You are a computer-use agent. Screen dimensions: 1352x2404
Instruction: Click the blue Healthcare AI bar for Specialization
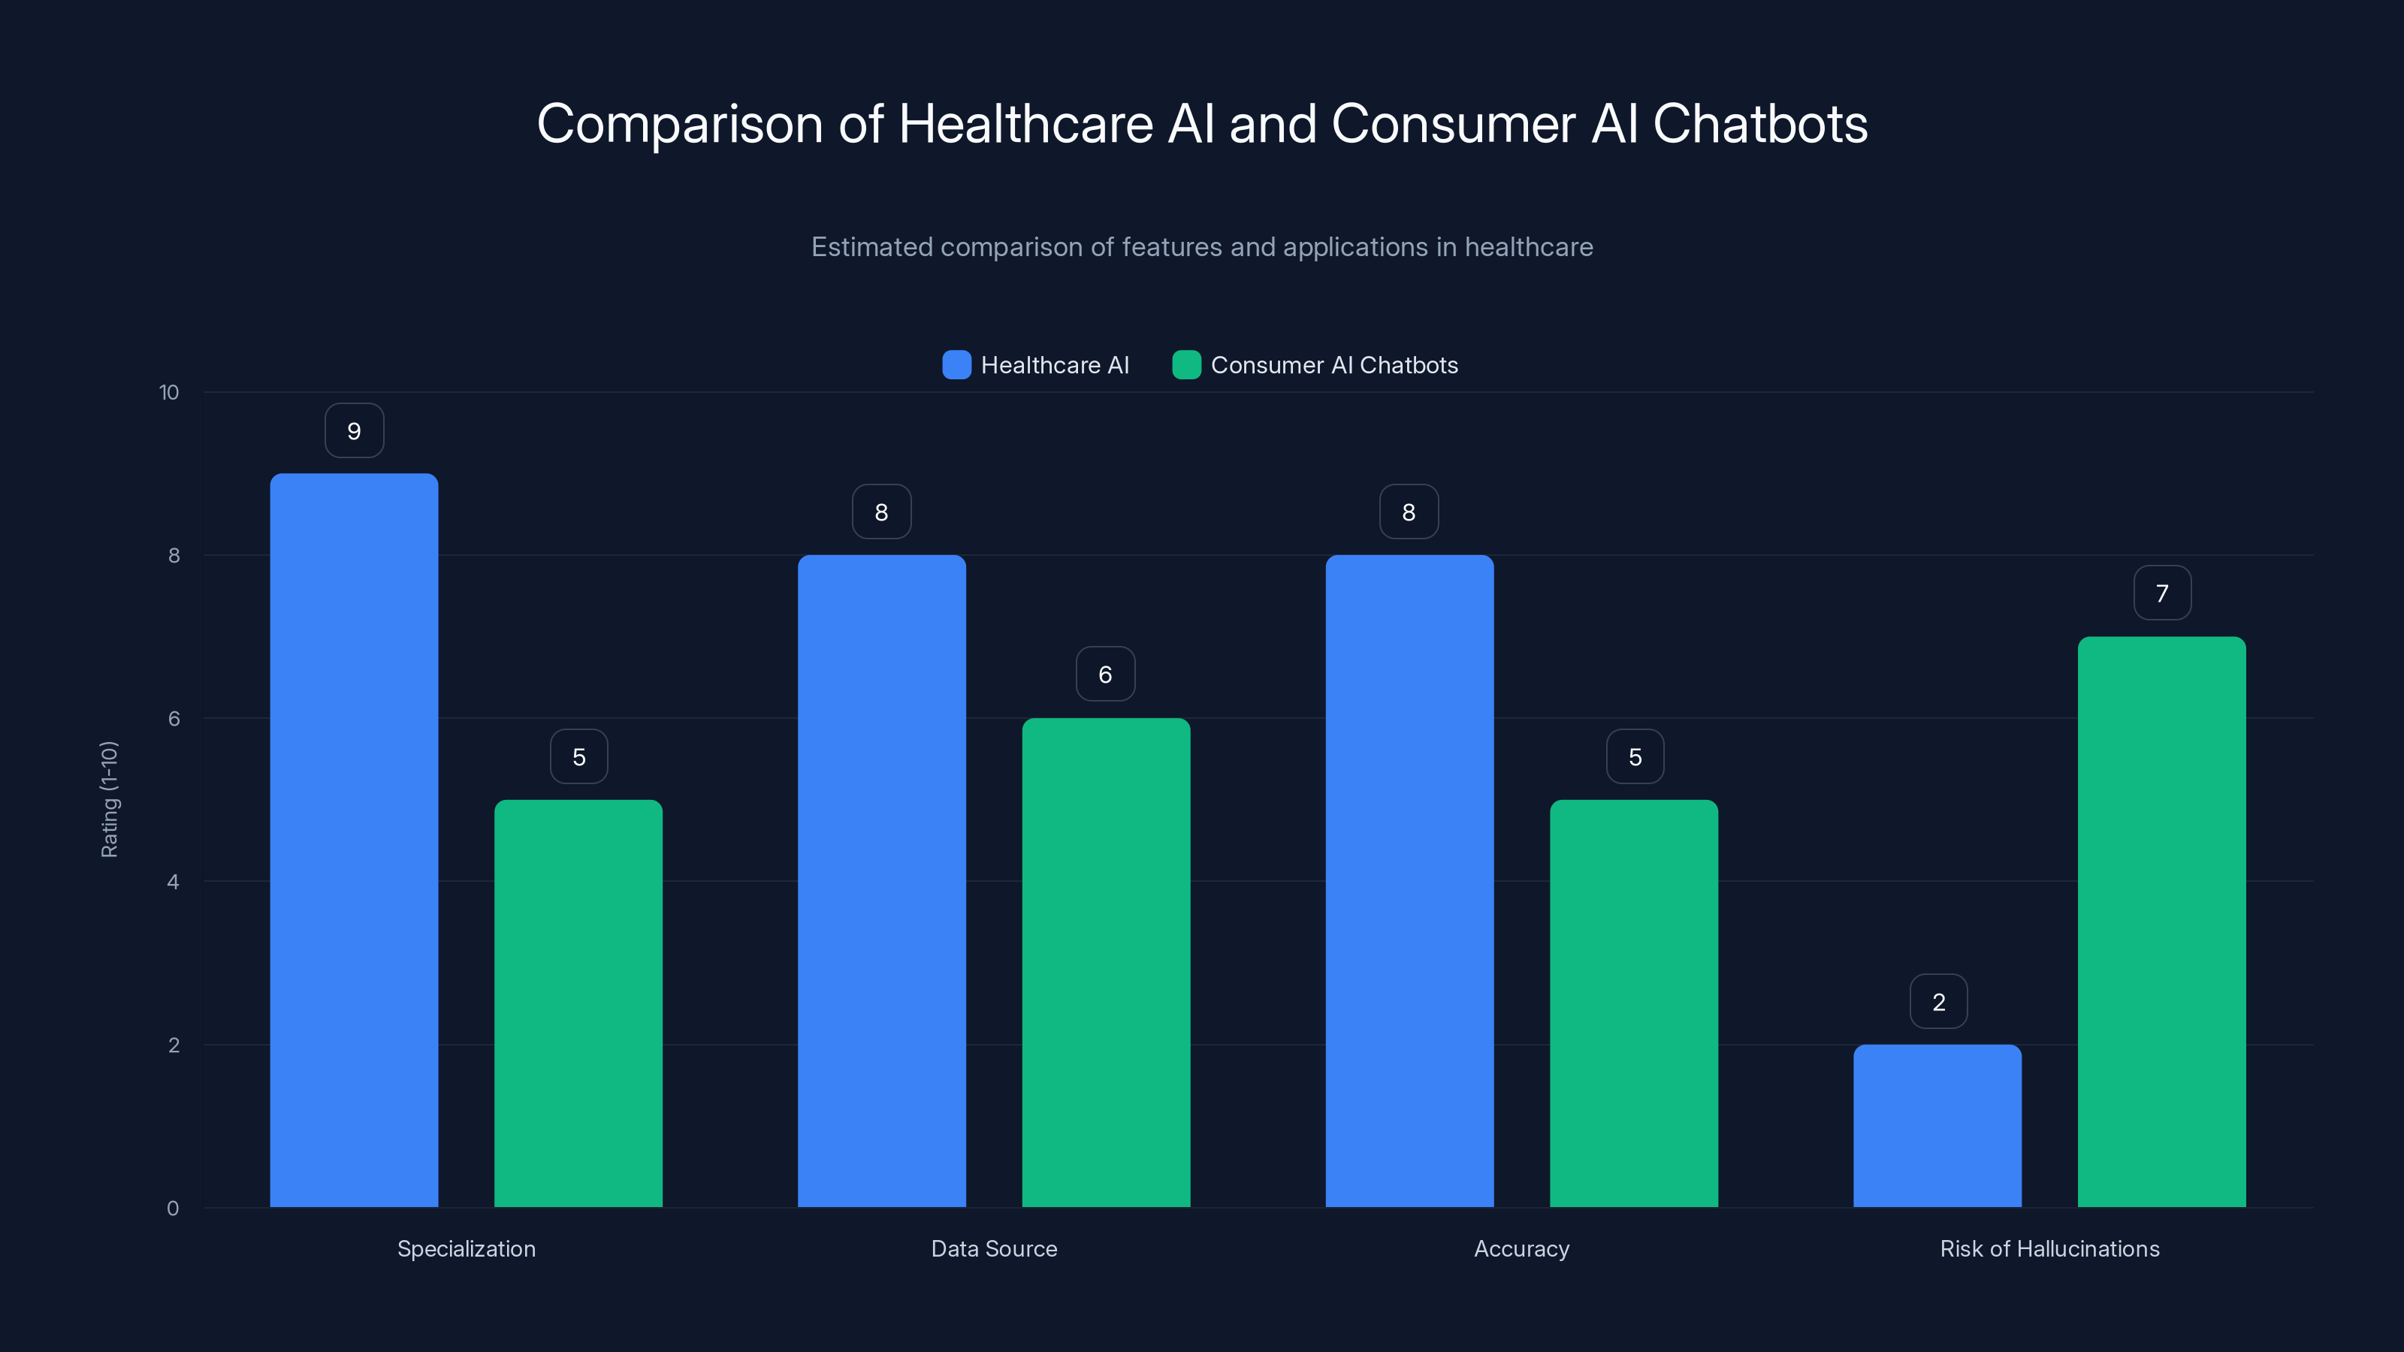[x=354, y=840]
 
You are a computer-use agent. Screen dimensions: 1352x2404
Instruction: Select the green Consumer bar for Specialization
[x=578, y=1003]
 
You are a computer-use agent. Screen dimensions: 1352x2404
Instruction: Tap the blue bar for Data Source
[x=881, y=881]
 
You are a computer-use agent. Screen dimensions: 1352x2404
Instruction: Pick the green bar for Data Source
[x=1106, y=962]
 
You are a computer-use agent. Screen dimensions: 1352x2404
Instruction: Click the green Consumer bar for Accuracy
[x=1633, y=1003]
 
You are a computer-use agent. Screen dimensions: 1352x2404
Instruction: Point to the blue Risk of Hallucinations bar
[x=1937, y=1125]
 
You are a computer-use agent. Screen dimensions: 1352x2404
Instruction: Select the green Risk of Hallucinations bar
[x=2161, y=922]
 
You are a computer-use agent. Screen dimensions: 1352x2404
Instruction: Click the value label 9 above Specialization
[x=354, y=431]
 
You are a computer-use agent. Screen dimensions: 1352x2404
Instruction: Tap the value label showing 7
[x=2162, y=593]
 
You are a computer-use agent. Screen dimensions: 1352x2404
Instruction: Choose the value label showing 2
[x=1938, y=1002]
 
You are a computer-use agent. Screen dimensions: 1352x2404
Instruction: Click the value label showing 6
[x=1105, y=674]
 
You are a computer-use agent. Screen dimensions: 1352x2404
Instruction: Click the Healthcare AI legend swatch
[x=956, y=365]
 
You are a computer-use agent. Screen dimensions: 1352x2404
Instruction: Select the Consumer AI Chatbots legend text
[x=1333, y=365]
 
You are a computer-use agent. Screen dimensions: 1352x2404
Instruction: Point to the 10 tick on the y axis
[x=169, y=393]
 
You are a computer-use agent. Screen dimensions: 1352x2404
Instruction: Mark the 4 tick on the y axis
[x=173, y=882]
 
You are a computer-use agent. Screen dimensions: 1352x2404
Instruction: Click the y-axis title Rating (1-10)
[x=109, y=800]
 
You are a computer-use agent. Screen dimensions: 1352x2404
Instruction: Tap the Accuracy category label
[x=1521, y=1248]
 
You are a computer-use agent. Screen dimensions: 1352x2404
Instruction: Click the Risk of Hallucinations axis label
[x=2049, y=1248]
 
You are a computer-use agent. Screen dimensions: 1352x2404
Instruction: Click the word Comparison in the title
[x=679, y=124]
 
